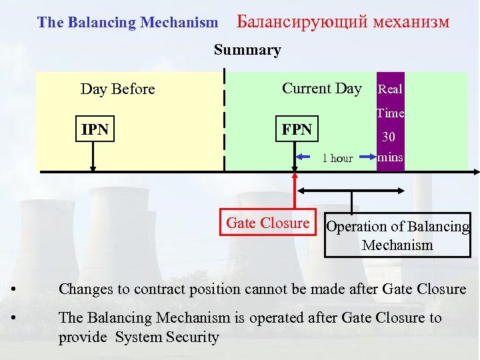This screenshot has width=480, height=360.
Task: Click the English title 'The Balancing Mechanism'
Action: coord(127,22)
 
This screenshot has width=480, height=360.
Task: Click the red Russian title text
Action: coord(343,22)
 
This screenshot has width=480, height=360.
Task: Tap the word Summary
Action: coord(247,50)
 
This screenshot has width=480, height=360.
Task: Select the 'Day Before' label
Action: coord(117,89)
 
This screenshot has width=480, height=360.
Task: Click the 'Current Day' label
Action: coord(321,88)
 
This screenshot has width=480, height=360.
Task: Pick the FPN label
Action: coord(297,129)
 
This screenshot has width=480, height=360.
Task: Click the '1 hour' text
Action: coord(337,158)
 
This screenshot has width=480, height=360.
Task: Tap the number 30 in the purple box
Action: coord(389,137)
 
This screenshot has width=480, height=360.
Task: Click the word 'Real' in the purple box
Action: coord(390,89)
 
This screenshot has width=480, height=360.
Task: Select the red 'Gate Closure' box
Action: coord(268,223)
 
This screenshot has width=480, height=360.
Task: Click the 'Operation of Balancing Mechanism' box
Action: coord(397,235)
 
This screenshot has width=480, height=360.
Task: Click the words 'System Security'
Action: coord(167,337)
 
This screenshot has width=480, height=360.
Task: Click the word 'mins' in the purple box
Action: coord(390,159)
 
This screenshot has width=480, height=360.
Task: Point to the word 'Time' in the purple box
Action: coord(390,113)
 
